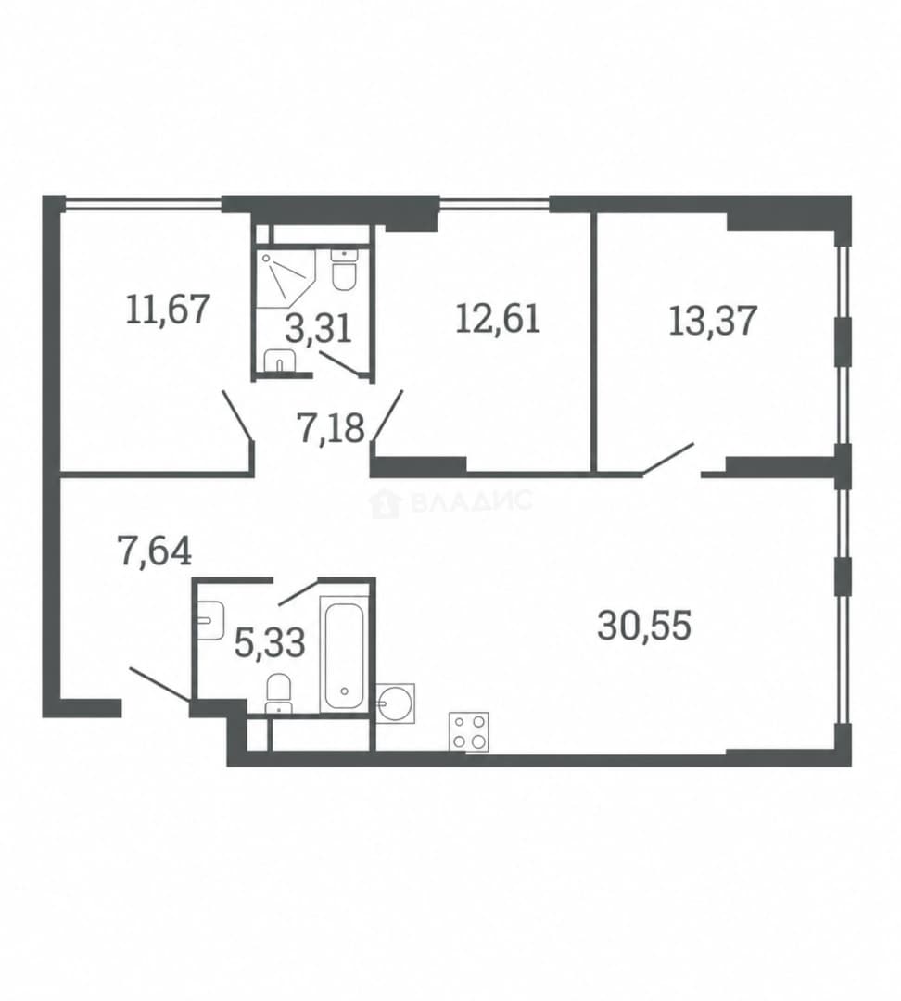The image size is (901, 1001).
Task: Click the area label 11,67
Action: point(168,309)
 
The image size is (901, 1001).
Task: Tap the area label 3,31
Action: point(318,330)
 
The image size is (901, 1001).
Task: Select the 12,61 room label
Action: point(498,318)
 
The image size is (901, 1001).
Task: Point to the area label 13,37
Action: point(713,320)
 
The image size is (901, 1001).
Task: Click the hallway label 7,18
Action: point(330,427)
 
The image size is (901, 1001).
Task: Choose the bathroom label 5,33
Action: point(270,642)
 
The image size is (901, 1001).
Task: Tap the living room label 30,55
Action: point(644,625)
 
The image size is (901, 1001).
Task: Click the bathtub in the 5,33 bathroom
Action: point(345,654)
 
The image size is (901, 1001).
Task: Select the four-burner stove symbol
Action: point(469,730)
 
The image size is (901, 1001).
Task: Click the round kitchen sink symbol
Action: point(395,703)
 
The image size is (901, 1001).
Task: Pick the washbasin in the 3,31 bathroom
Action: point(279,360)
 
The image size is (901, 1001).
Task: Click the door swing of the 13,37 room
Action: point(668,459)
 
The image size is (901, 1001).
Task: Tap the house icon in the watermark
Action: point(386,502)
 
